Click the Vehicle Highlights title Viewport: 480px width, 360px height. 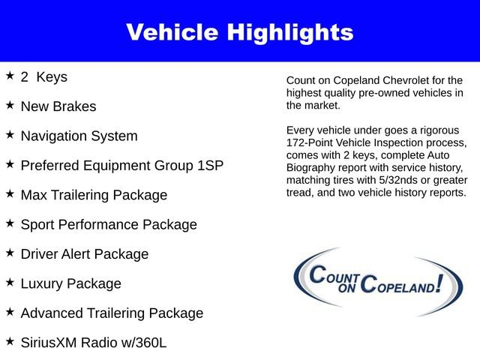tap(239, 31)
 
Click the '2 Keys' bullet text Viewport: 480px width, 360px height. tap(44, 77)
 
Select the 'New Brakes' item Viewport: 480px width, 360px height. tap(58, 106)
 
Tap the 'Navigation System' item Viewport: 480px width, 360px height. tap(79, 136)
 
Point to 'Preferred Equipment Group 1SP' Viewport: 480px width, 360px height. tap(121, 165)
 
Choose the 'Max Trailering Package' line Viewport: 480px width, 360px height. tap(94, 195)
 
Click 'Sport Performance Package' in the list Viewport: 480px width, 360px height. tap(109, 224)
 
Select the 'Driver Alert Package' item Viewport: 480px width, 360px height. tap(85, 253)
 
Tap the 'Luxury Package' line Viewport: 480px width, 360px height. tap(70, 283)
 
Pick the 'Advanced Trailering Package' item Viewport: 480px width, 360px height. tap(112, 313)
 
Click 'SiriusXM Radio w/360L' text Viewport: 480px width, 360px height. tap(93, 342)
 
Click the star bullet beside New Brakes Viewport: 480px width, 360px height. tap(10, 105)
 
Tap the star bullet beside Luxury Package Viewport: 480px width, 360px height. tap(10, 282)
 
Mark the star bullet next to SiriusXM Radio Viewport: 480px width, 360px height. tap(10, 340)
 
